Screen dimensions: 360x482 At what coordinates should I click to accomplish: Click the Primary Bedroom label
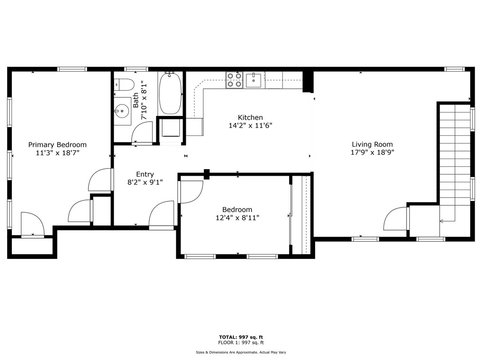pyautogui.click(x=58, y=145)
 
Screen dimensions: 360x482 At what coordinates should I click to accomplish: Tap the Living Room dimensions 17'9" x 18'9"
pyautogui.click(x=373, y=152)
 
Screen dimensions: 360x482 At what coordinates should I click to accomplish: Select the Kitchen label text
pyautogui.click(x=250, y=117)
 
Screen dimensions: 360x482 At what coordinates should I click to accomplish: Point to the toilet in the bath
pyautogui.click(x=123, y=85)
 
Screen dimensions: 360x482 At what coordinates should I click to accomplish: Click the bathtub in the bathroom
pyautogui.click(x=170, y=93)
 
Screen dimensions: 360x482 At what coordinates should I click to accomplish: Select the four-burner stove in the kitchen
pyautogui.click(x=234, y=80)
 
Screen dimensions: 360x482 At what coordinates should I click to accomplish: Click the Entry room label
pyautogui.click(x=145, y=174)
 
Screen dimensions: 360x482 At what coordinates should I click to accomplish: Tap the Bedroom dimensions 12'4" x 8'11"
pyautogui.click(x=237, y=218)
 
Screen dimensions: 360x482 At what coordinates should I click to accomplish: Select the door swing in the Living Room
pyautogui.click(x=396, y=218)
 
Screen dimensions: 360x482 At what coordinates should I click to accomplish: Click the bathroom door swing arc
pyautogui.click(x=142, y=132)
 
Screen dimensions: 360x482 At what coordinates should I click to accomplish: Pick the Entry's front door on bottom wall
pyautogui.click(x=162, y=216)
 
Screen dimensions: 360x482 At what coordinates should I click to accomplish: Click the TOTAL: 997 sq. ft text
pyautogui.click(x=241, y=337)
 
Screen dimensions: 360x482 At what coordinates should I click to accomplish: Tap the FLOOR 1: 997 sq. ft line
pyautogui.click(x=241, y=342)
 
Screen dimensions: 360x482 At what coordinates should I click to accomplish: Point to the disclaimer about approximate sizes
pyautogui.click(x=241, y=352)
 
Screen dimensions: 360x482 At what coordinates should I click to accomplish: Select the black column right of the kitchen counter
pyautogui.click(x=308, y=81)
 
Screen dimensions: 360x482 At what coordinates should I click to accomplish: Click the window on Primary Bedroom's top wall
pyautogui.click(x=72, y=69)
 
